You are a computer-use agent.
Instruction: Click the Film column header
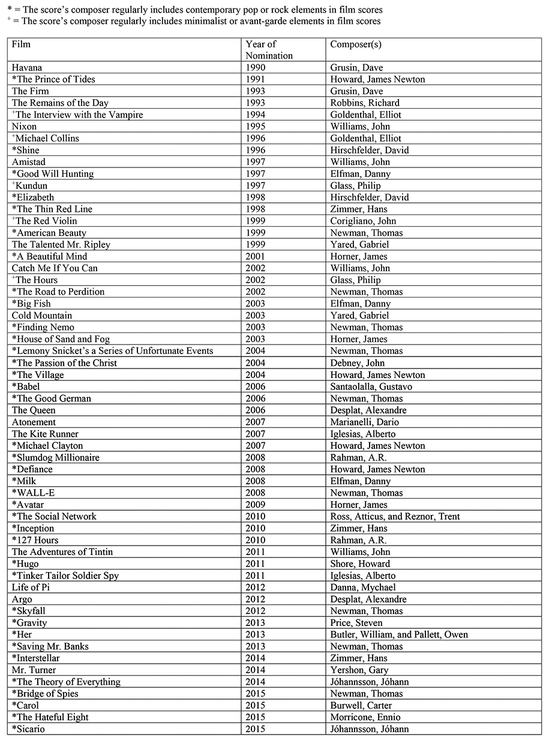21,44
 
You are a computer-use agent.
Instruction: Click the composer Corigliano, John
363,221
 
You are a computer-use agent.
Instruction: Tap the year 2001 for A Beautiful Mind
256,257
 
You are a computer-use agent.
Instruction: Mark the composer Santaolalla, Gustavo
371,387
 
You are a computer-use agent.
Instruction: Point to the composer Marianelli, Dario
364,423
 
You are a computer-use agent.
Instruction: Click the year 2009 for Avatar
256,505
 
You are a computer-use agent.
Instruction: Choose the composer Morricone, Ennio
365,717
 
